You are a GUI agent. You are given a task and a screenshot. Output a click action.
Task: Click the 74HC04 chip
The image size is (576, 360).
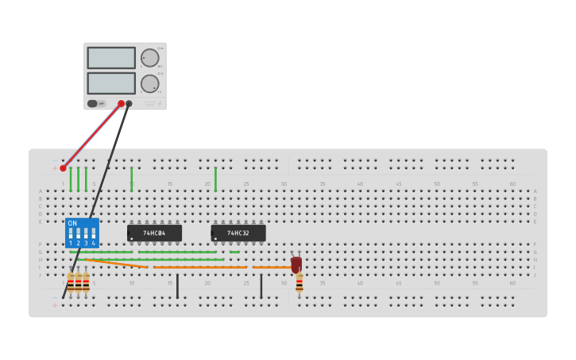click(154, 233)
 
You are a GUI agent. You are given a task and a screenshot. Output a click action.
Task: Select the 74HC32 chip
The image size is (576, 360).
click(238, 233)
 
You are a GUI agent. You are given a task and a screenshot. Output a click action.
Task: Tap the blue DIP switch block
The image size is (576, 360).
click(82, 233)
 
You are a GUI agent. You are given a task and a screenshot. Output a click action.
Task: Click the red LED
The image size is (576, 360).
click(296, 264)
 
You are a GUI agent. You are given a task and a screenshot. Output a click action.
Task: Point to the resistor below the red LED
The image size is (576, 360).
click(300, 282)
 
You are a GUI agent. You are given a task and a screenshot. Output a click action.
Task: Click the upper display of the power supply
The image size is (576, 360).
click(111, 58)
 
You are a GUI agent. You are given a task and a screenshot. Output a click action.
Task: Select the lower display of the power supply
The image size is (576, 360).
click(111, 83)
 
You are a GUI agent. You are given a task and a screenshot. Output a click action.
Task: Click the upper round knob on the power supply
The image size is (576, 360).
click(149, 58)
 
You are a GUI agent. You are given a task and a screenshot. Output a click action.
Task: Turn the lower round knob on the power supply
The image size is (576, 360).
click(149, 83)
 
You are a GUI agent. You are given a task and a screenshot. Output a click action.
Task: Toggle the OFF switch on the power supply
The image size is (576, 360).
click(93, 103)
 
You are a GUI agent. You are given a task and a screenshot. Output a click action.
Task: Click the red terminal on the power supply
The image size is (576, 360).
click(122, 103)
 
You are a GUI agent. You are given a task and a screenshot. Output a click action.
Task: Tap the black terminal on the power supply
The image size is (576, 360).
click(129, 103)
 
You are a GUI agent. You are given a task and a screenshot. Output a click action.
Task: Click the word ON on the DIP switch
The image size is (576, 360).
click(72, 223)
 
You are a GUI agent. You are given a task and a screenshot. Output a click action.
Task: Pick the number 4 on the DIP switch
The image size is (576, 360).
click(93, 243)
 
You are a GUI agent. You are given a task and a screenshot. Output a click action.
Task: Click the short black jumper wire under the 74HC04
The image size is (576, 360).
click(177, 286)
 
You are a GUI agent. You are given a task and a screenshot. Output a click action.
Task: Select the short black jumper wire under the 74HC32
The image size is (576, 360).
click(261, 286)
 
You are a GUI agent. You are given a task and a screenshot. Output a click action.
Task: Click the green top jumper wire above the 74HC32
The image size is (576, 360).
click(215, 179)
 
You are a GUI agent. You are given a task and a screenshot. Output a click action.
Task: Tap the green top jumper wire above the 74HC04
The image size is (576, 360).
click(132, 179)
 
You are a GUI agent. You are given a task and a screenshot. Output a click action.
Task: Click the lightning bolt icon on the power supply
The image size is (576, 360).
click(159, 103)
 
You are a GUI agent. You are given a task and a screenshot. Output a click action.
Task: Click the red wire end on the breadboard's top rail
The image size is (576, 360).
click(63, 168)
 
